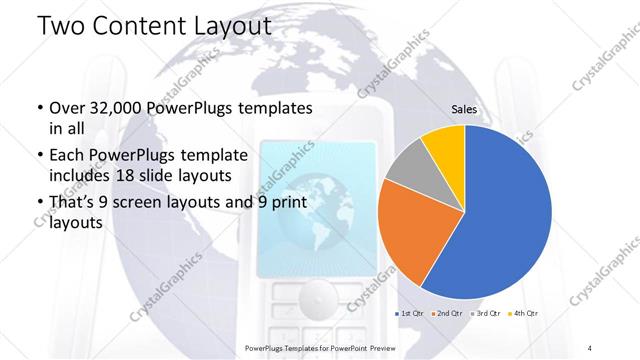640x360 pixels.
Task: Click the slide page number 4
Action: pyautogui.click(x=591, y=347)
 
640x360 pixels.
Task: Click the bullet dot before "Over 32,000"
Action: pyautogui.click(x=38, y=108)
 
